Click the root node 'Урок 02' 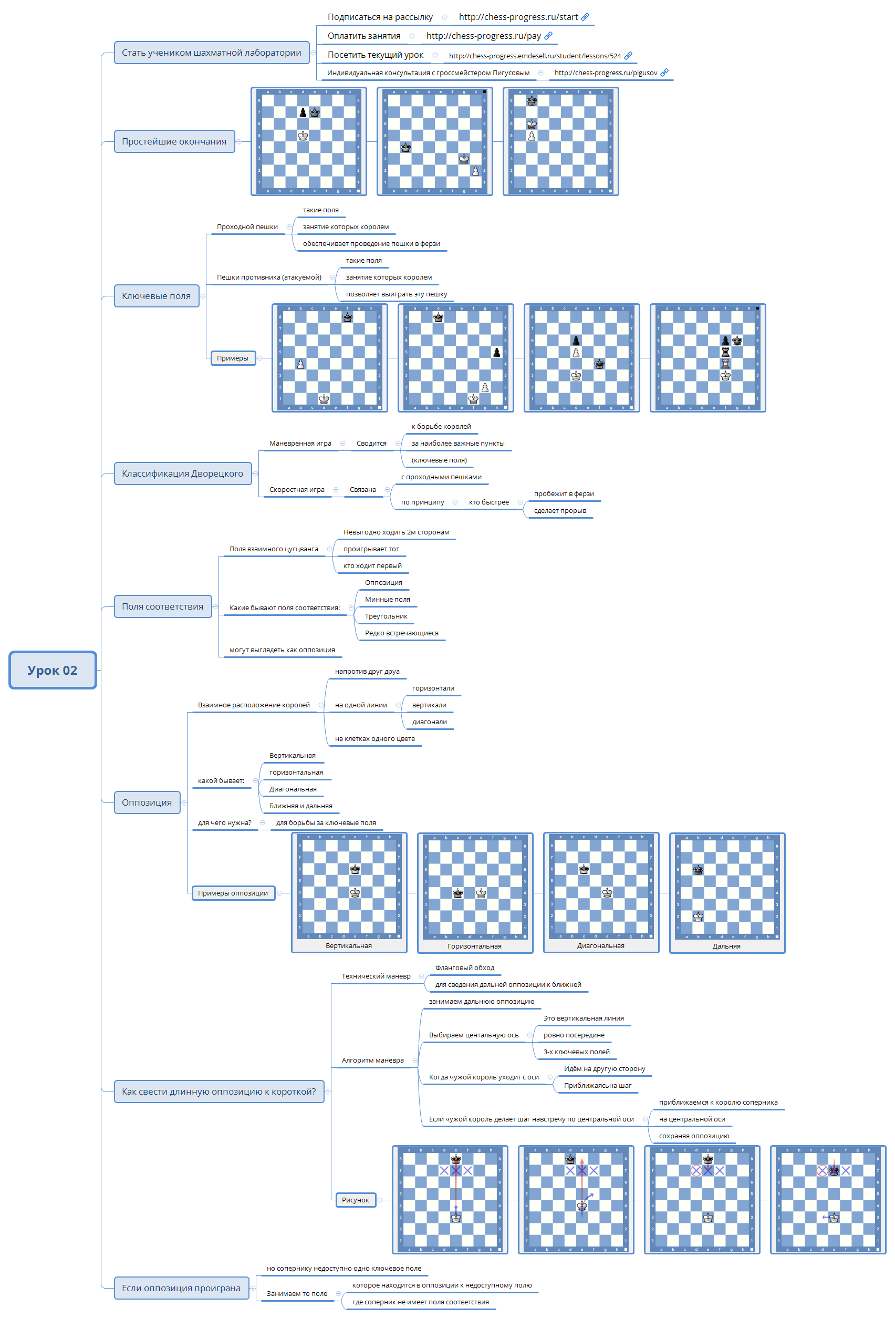[x=52, y=671]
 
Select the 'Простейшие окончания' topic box [x=174, y=142]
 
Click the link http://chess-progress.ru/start [x=518, y=17]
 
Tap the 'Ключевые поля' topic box [x=156, y=296]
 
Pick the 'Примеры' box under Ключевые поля [x=232, y=358]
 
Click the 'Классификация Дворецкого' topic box [x=182, y=473]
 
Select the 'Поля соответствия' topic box [x=162, y=607]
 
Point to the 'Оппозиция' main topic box [x=147, y=802]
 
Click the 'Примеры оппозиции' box [x=233, y=893]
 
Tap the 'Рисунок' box [x=356, y=1200]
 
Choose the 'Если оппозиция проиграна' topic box [x=181, y=1289]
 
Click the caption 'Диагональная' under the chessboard [x=601, y=946]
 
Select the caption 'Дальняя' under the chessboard [x=726, y=946]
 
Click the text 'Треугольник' [x=386, y=616]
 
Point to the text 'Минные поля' [x=387, y=600]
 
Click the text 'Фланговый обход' [x=465, y=968]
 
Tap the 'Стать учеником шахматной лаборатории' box [x=212, y=53]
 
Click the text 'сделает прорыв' [x=560, y=511]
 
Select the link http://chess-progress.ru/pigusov [x=606, y=73]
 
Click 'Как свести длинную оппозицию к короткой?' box [x=219, y=1092]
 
